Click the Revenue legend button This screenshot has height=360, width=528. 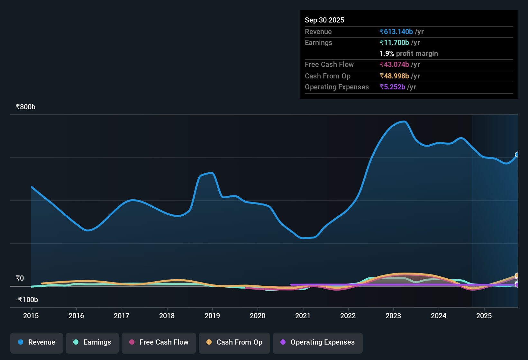37,342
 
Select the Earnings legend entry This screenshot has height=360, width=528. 92,342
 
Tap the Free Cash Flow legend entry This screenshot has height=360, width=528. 159,342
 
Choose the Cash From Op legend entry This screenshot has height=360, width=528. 234,342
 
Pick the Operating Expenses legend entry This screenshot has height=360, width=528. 318,342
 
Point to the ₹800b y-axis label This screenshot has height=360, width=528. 25,107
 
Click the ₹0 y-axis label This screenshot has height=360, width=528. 20,278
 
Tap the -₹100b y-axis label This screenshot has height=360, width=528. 27,300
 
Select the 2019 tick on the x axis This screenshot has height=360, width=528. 212,316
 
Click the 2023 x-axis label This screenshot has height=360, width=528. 393,316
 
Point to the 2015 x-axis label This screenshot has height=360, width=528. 31,316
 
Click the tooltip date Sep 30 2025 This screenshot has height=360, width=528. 324,20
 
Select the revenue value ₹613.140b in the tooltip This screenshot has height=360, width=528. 396,32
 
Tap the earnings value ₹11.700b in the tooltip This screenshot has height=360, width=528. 394,42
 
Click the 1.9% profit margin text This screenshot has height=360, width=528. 409,53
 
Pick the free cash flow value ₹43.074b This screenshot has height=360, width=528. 394,64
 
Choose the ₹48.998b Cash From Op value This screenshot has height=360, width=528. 394,76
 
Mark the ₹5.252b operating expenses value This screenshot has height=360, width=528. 392,87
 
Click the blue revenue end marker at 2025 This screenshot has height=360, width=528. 517,155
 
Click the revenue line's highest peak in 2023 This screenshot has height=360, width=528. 404,122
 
